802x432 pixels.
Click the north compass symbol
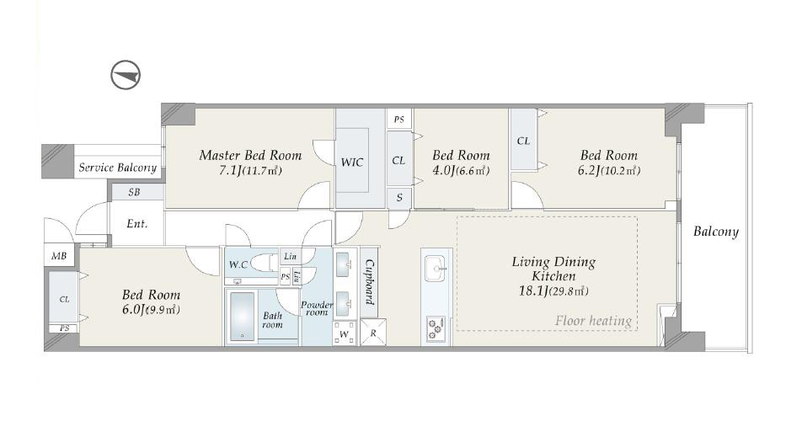(126, 75)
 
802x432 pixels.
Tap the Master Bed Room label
(250, 155)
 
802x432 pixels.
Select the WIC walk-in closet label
(352, 163)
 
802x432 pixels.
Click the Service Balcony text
(117, 168)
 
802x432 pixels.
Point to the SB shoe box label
(134, 192)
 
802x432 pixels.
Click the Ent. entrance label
(136, 223)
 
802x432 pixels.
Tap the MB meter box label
(59, 256)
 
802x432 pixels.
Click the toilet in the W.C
(265, 262)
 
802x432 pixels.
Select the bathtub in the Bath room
(242, 316)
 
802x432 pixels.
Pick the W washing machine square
(345, 333)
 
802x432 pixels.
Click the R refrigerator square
(373, 333)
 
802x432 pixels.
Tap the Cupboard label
(369, 282)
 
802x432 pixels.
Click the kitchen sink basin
(436, 269)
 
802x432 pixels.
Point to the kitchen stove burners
(436, 328)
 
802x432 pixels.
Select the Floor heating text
(593, 321)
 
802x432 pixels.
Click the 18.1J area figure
(533, 291)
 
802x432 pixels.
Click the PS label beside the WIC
(399, 120)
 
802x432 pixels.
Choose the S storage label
(399, 197)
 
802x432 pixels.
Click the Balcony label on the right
(715, 232)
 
